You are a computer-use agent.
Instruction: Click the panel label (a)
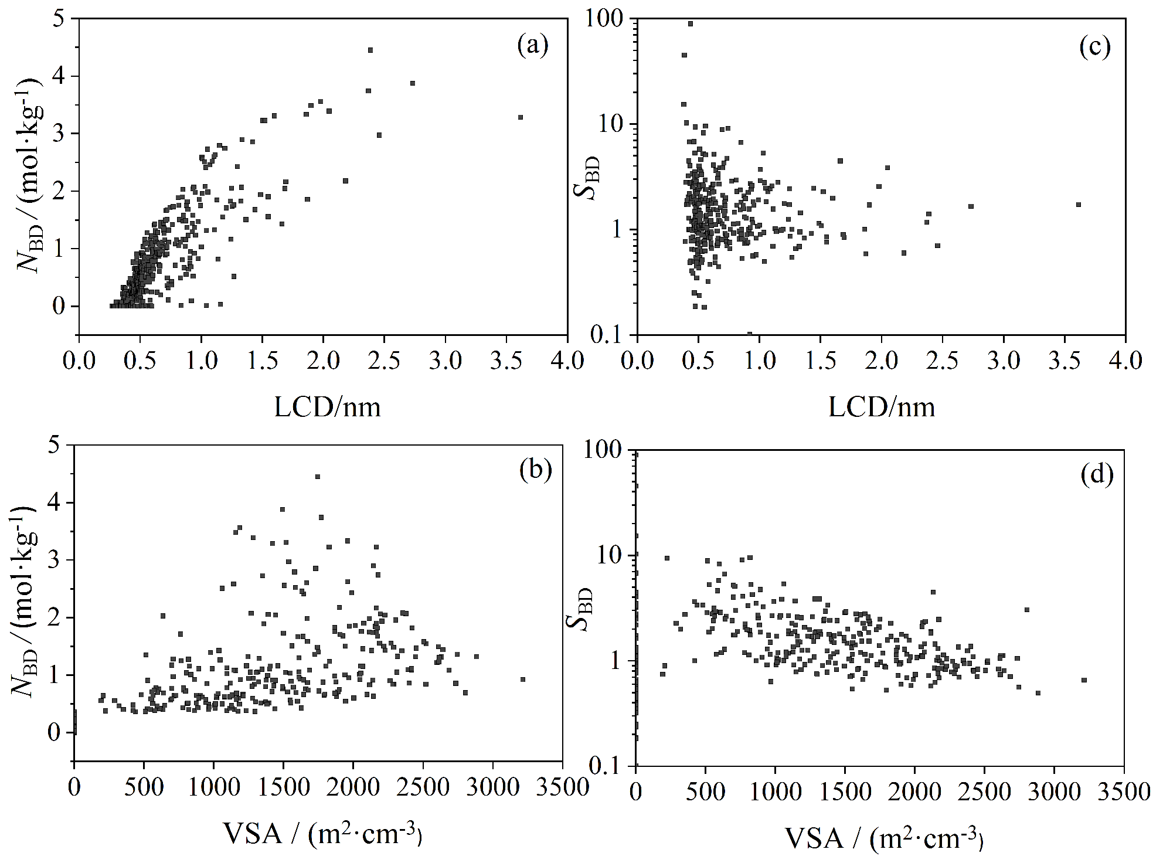tap(532, 46)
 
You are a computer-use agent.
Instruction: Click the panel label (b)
tap(536, 470)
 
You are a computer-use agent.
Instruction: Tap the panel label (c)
tap(1095, 47)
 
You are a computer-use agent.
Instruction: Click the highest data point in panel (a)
tap(370, 50)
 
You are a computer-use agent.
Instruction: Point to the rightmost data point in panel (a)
tap(520, 117)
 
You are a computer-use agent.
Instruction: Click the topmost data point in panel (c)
tap(691, 24)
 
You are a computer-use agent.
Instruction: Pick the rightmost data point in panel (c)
tap(1078, 205)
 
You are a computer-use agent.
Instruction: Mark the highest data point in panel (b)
tap(318, 477)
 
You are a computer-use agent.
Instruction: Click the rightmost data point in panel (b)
tap(523, 680)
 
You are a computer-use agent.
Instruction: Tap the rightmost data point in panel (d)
tap(1084, 680)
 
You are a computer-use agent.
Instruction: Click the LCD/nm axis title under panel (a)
tap(327, 406)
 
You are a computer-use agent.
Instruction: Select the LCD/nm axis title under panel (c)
tap(881, 406)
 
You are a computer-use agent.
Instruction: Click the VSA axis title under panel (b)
tap(322, 833)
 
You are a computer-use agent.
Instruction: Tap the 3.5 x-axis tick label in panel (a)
tap(506, 360)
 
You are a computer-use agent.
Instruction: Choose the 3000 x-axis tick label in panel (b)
tap(492, 786)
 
